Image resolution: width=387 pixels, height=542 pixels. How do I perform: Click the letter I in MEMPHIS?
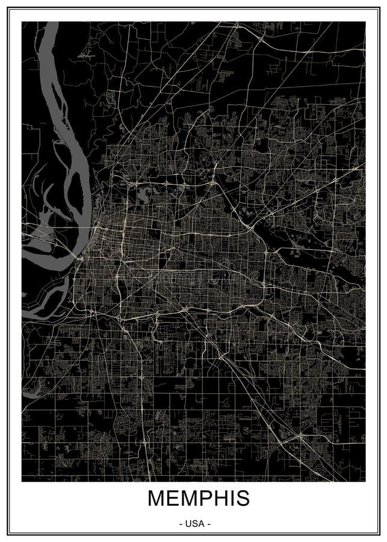point(224,499)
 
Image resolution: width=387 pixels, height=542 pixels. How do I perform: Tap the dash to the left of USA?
point(181,524)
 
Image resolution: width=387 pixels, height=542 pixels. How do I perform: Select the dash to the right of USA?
point(209,524)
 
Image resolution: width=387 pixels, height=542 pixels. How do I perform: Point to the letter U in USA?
point(189,524)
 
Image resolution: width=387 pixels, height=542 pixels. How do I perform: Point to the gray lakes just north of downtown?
point(144,194)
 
